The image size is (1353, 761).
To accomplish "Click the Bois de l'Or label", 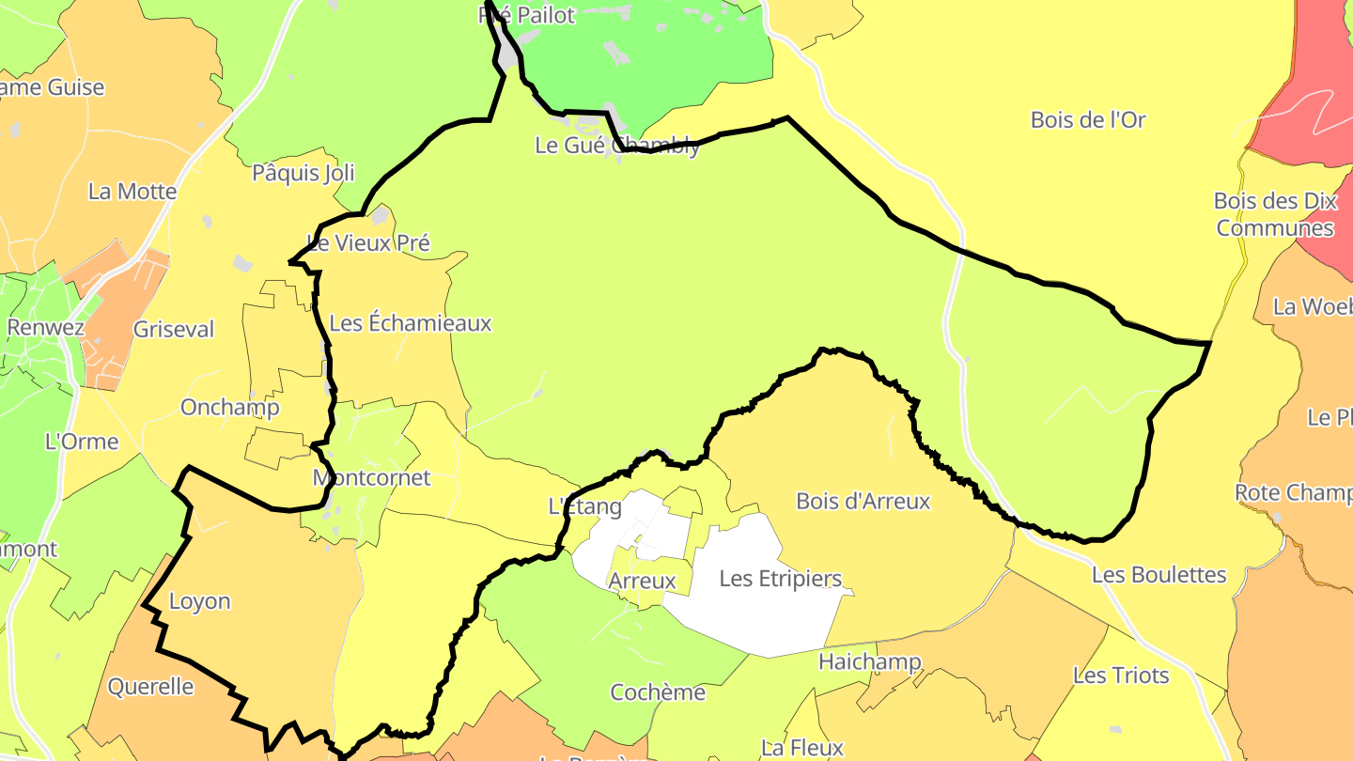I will click(x=1088, y=120).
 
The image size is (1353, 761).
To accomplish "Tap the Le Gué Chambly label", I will click(x=617, y=146).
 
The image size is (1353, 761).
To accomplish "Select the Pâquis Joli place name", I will click(x=303, y=173).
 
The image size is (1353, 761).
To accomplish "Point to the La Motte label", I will click(x=132, y=192).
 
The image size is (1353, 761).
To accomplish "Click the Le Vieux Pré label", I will click(x=368, y=243).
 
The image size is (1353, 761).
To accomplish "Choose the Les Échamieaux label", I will click(x=411, y=324).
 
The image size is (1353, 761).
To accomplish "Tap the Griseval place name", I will click(x=174, y=330).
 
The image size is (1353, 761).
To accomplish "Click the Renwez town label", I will click(x=45, y=328).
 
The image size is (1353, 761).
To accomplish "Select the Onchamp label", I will click(x=229, y=408).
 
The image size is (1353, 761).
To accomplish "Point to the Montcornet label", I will click(x=371, y=478).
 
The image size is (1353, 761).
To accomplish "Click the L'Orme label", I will click(x=82, y=442).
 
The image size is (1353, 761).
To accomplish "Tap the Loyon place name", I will click(x=199, y=601).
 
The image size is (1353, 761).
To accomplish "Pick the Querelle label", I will click(x=151, y=687).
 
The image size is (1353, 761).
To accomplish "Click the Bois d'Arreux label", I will click(x=863, y=502).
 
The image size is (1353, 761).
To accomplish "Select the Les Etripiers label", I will click(x=780, y=579).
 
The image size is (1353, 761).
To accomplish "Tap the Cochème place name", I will click(x=658, y=693).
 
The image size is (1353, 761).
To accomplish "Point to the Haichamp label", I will click(x=869, y=661).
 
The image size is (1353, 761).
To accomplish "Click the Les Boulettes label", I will click(x=1159, y=575).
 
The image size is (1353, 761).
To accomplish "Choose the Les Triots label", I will click(x=1121, y=676).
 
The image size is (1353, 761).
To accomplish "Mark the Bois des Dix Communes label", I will click(x=1275, y=214).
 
